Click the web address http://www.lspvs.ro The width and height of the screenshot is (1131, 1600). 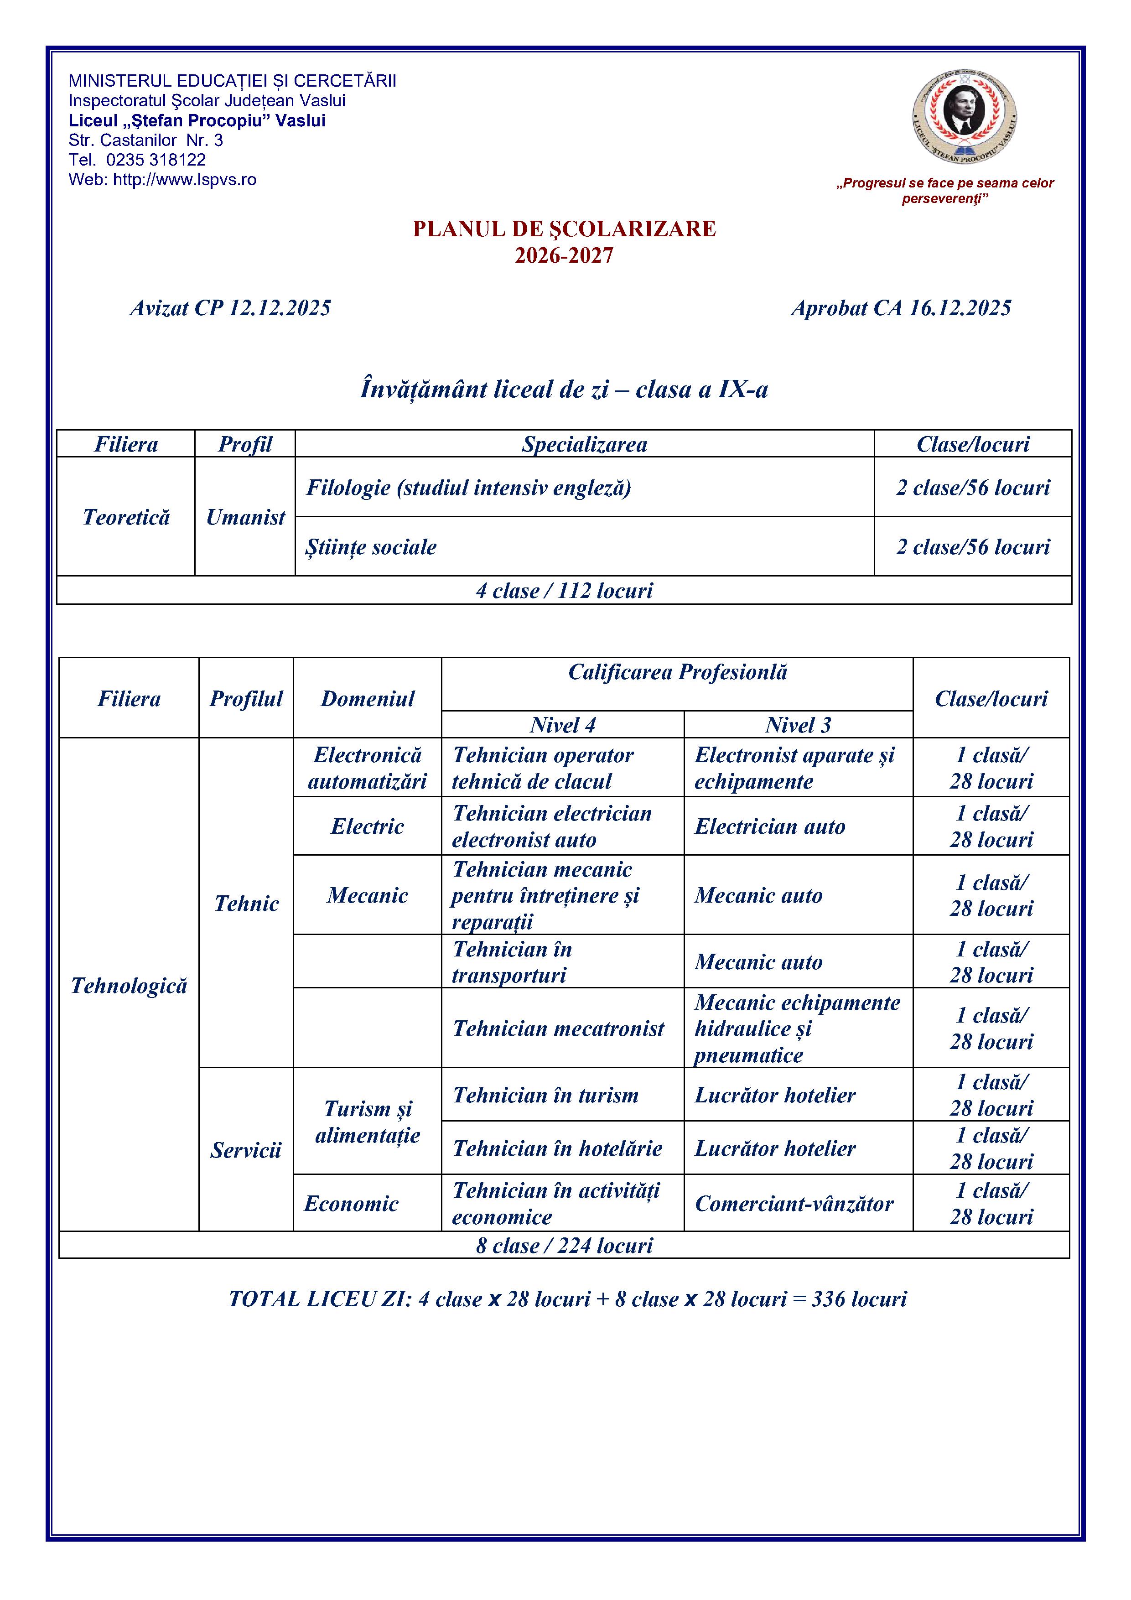[x=184, y=180]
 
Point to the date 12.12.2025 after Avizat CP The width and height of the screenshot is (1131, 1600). [x=280, y=308]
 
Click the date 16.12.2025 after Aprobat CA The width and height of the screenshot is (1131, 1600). [x=960, y=308]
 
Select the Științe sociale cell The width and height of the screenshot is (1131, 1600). [x=371, y=547]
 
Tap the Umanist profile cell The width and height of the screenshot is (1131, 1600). [x=245, y=517]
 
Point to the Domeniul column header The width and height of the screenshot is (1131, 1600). [x=367, y=698]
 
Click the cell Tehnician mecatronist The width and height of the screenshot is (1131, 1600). [x=558, y=1029]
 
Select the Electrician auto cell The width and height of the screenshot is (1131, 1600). [x=769, y=826]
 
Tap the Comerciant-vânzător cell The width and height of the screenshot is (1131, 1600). [x=794, y=1204]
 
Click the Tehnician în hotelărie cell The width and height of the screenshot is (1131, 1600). [x=557, y=1148]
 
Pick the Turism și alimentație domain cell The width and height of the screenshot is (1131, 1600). [x=367, y=1122]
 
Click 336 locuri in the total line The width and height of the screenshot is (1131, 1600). [x=859, y=1299]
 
